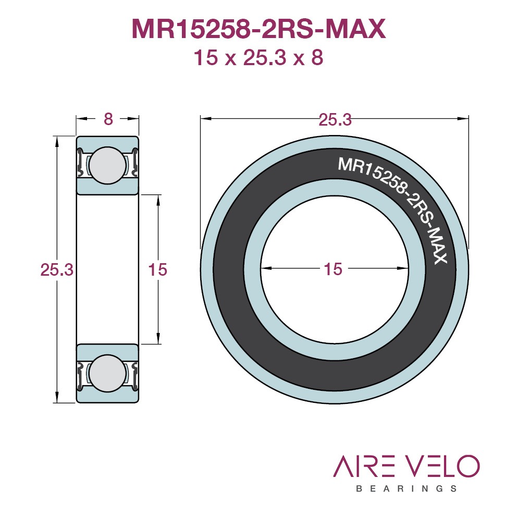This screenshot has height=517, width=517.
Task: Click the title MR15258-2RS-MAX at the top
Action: pyautogui.click(x=258, y=29)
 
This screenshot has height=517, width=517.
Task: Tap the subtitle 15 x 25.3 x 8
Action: pyautogui.click(x=258, y=57)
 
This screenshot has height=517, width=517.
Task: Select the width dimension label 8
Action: pyautogui.click(x=108, y=119)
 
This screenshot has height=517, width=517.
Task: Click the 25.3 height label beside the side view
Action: pyautogui.click(x=57, y=270)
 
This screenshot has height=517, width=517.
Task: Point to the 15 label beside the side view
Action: pyautogui.click(x=157, y=270)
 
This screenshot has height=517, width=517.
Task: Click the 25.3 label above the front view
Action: pyautogui.click(x=335, y=120)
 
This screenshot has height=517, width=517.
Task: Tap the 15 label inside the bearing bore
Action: pyautogui.click(x=333, y=269)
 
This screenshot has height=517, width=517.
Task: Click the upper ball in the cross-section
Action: pyautogui.click(x=107, y=165)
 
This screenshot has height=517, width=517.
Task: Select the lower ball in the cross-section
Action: pyautogui.click(x=107, y=373)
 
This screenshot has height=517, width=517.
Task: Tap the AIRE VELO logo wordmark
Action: pyautogui.click(x=406, y=466)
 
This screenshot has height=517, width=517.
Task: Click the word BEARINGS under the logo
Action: pyautogui.click(x=407, y=488)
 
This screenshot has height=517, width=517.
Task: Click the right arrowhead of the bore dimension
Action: pyautogui.click(x=403, y=268)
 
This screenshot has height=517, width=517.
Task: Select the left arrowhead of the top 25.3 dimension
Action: pyautogui.click(x=206, y=118)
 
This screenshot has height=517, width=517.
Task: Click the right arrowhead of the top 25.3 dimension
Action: pyautogui.click(x=463, y=118)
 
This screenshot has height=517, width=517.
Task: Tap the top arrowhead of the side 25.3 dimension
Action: pyautogui.click(x=57, y=142)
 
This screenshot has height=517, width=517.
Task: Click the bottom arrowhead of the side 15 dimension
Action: pyautogui.click(x=158, y=338)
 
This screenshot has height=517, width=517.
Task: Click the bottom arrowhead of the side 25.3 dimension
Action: pyautogui.click(x=57, y=397)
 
